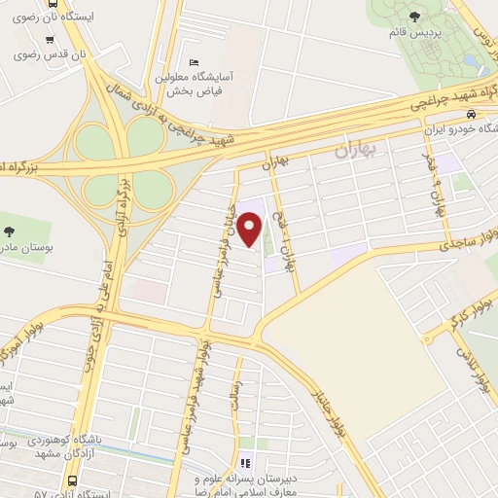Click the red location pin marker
(250, 230)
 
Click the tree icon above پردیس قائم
(416, 17)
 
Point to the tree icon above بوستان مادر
(10, 231)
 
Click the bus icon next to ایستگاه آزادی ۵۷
(74, 480)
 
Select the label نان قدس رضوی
(49, 54)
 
